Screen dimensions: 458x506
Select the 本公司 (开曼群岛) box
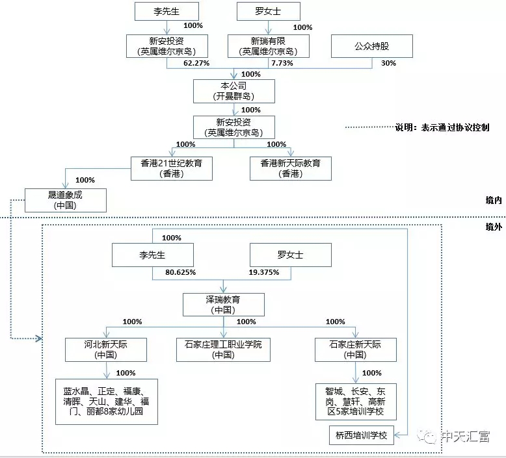(x=234, y=91)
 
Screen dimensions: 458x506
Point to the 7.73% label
(x=282, y=63)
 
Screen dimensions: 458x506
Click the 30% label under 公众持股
(x=388, y=63)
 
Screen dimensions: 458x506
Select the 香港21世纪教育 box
(x=166, y=168)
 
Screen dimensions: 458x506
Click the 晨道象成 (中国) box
(x=66, y=199)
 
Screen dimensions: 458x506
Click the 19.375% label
(x=264, y=272)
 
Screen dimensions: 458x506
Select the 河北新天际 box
(x=106, y=350)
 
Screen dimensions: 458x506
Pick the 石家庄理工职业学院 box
(x=223, y=350)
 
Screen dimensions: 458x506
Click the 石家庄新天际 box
(x=355, y=350)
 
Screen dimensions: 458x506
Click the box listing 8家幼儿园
(x=106, y=401)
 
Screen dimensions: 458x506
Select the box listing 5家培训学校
(x=355, y=401)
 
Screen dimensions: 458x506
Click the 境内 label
(x=493, y=201)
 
